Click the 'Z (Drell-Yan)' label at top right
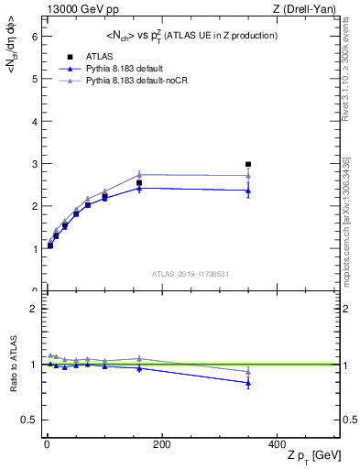coord(308,9)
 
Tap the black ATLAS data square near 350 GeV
coord(247,165)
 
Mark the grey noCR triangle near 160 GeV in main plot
coord(139,174)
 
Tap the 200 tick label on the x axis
coord(161,443)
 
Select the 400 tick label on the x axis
coord(276,443)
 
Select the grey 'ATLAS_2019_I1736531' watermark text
coord(190,274)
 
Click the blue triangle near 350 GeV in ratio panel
coord(247,383)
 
